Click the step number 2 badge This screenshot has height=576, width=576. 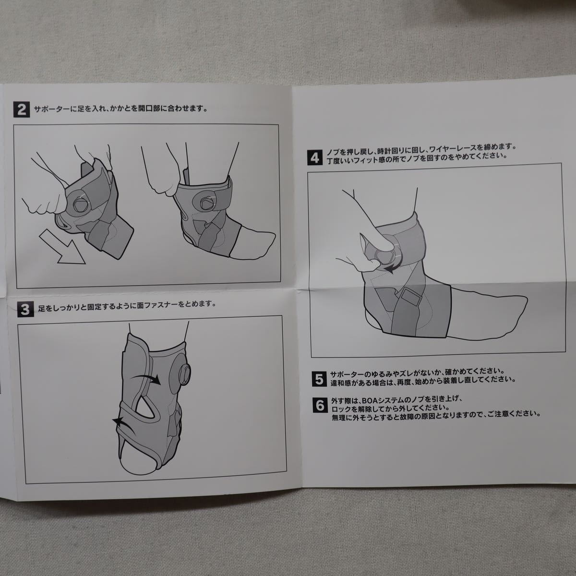(22, 109)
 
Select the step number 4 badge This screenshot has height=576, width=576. (315, 157)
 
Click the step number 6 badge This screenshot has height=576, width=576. (320, 405)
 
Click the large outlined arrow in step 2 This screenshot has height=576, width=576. (63, 248)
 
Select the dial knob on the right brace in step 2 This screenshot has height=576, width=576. (206, 203)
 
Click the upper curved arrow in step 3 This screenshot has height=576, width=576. (146, 378)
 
